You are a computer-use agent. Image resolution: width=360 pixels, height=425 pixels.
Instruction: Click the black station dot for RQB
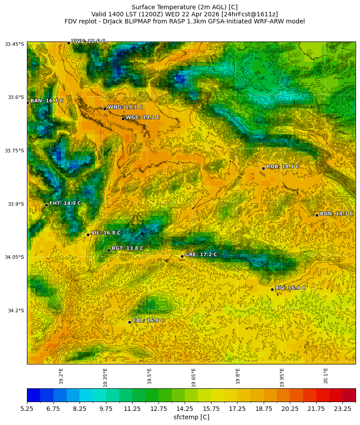(x=263, y=168)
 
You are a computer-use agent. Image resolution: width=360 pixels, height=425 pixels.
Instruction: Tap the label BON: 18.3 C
(x=336, y=214)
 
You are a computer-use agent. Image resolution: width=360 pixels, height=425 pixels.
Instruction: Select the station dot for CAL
(x=129, y=322)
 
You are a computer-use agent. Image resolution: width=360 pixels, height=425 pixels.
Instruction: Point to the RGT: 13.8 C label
(x=127, y=248)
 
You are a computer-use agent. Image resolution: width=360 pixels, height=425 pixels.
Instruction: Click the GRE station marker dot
(x=182, y=256)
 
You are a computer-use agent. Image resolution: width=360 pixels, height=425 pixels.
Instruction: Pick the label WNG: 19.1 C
(x=125, y=107)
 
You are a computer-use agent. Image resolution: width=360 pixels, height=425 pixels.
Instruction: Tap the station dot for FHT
(x=46, y=205)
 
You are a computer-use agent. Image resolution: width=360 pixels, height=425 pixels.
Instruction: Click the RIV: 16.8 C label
(x=290, y=288)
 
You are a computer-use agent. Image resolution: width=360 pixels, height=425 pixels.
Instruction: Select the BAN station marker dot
(x=27, y=102)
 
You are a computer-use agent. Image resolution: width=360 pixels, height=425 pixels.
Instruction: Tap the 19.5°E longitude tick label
(x=149, y=376)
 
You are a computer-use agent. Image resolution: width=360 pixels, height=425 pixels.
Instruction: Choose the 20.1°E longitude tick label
(x=326, y=376)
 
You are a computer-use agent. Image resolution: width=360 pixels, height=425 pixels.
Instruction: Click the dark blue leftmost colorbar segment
(x=34, y=395)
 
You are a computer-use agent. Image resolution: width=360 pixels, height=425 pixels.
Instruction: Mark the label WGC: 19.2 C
(x=143, y=118)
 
